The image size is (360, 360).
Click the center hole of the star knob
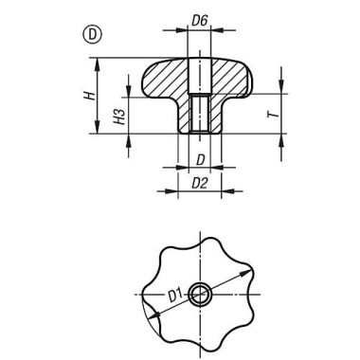pos(199,294)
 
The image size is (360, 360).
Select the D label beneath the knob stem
pos(200,158)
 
